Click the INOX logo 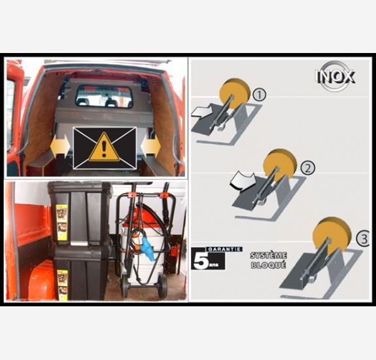click(335, 76)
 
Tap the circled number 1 click(259, 94)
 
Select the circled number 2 click(307, 168)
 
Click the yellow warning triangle click(104, 147)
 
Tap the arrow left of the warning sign click(60, 146)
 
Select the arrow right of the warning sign click(150, 146)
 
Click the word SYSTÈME click(268, 255)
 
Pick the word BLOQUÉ click(268, 265)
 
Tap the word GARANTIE click(224, 249)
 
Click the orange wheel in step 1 click(235, 93)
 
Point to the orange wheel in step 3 click(332, 235)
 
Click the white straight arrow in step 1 click(201, 113)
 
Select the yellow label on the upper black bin click(61, 223)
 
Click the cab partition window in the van click(104, 96)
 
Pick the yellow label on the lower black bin click(63, 285)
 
